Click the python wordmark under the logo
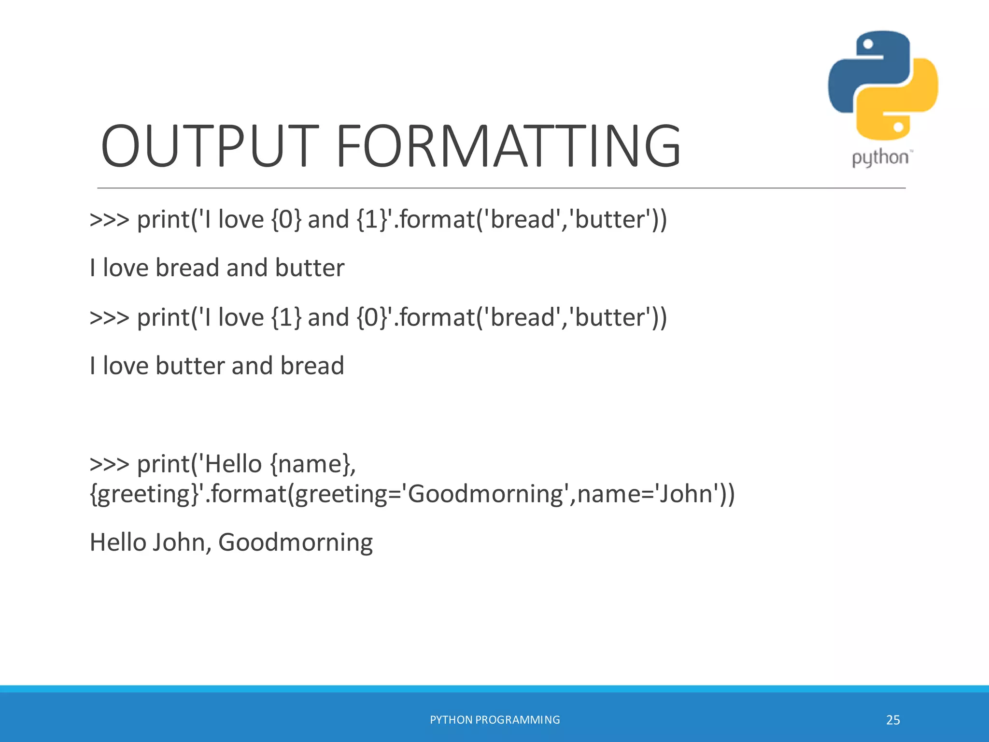tap(880, 158)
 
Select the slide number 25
tap(893, 720)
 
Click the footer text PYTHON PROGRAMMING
tap(494, 720)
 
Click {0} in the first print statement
tap(286, 220)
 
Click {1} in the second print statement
tap(286, 318)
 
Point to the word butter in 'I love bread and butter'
tap(310, 268)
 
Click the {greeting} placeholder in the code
tap(145, 494)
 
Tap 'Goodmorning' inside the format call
tap(486, 494)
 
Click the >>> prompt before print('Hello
tap(110, 464)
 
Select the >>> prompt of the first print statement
tap(110, 220)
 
